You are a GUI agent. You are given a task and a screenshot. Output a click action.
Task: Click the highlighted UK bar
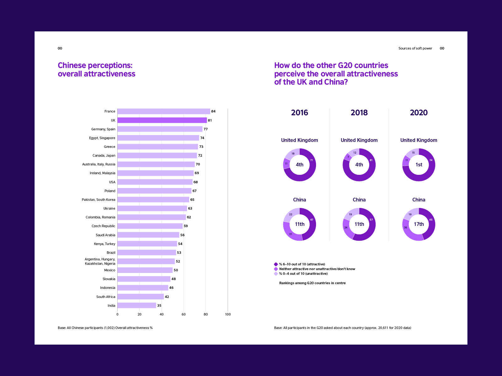(162, 120)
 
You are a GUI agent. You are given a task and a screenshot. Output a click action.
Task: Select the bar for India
(137, 305)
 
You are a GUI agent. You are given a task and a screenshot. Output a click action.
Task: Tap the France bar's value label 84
(213, 112)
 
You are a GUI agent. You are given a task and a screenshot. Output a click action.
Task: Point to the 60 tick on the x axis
(184, 314)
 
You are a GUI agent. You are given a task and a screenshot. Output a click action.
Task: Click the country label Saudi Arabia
(105, 235)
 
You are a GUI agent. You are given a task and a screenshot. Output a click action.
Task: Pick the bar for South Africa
(141, 296)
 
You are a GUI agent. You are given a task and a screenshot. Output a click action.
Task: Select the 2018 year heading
(359, 112)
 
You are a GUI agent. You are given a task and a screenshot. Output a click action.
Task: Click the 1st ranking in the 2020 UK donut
(419, 164)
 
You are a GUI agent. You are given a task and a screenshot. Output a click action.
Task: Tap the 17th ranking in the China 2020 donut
(419, 224)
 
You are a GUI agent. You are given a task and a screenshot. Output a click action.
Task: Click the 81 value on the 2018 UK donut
(371, 160)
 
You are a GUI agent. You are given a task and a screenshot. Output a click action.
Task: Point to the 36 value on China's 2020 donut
(405, 227)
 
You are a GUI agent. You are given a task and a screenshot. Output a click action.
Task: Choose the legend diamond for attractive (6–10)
(276, 264)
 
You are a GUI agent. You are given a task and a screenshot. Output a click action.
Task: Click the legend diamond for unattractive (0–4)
(276, 274)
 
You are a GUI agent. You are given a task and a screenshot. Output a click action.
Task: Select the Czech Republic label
(103, 226)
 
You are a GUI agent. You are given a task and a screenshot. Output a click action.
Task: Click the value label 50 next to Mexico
(176, 270)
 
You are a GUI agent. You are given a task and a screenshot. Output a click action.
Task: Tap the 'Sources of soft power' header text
(415, 48)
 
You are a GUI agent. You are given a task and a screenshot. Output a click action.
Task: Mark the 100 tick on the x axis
(228, 314)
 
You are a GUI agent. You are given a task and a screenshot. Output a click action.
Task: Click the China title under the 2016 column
(299, 200)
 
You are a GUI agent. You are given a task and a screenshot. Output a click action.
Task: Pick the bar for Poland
(154, 191)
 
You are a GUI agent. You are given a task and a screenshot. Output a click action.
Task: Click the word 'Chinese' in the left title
(72, 65)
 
